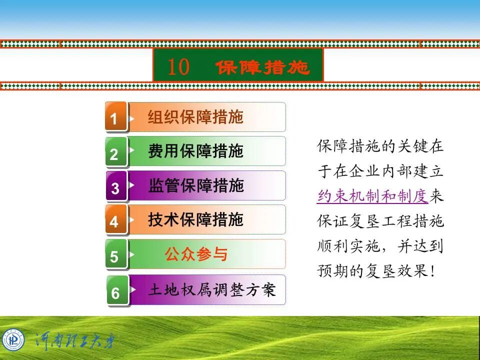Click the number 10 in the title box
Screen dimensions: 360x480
pos(178,67)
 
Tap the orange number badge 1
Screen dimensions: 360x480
pos(115,118)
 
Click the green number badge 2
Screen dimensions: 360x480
pos(115,153)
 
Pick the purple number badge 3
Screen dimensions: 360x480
pos(115,187)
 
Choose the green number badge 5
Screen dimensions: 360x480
pos(115,256)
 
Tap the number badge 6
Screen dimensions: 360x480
pos(115,291)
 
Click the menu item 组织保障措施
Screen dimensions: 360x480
pos(195,117)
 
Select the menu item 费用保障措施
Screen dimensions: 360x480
pos(195,151)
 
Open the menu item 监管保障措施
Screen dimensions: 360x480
pos(196,186)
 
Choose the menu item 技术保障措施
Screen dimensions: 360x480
pos(195,219)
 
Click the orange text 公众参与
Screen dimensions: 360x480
pos(196,254)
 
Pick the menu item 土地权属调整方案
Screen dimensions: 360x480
pos(212,290)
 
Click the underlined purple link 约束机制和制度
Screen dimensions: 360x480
pos(372,196)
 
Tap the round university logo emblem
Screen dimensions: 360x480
pos(13,340)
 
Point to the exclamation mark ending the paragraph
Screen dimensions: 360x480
pos(433,271)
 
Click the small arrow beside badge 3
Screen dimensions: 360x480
pos(132,184)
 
